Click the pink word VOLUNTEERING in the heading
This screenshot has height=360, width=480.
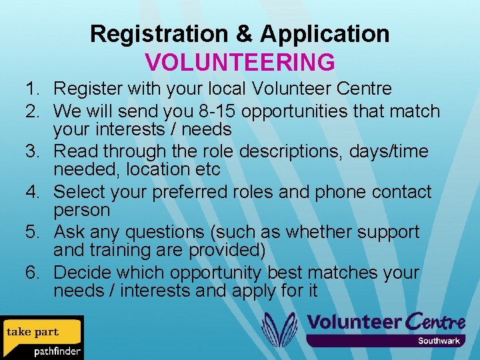(240, 61)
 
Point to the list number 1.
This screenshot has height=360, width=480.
(31, 88)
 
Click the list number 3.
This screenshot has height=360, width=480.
(31, 151)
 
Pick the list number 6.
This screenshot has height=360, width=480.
(31, 273)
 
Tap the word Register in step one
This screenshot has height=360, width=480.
(85, 88)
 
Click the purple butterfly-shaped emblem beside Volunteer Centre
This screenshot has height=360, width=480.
(279, 329)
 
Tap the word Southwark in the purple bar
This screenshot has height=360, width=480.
(439, 341)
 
